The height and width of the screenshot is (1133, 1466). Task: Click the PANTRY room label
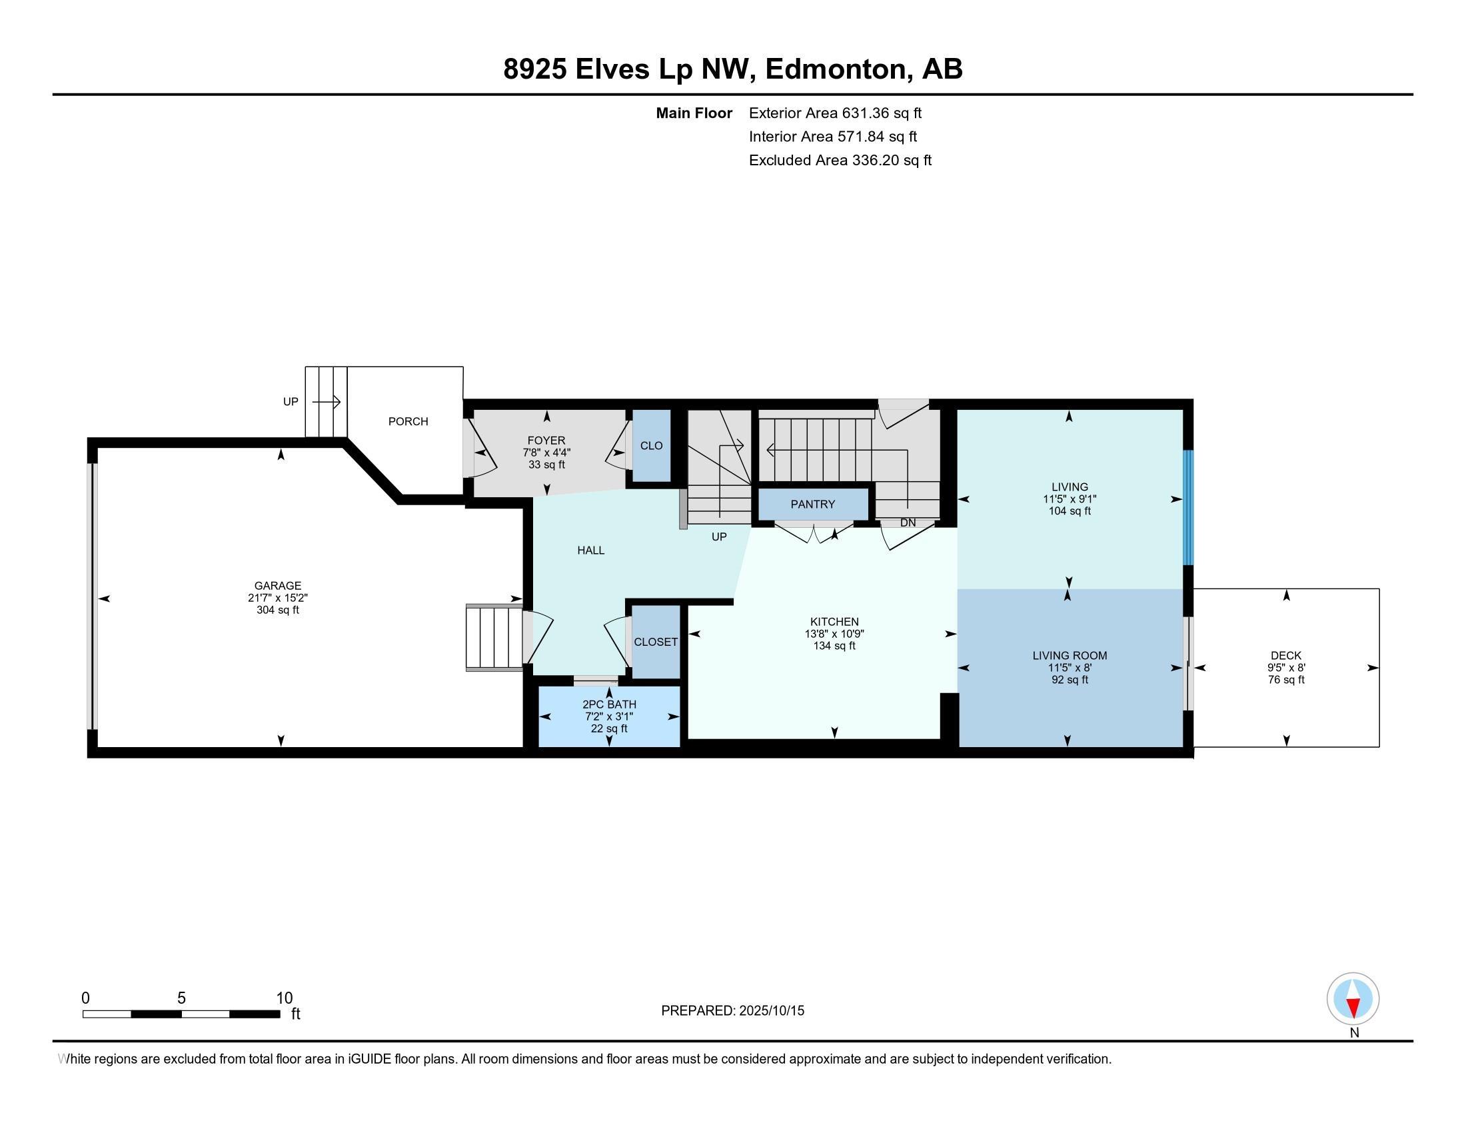pos(812,504)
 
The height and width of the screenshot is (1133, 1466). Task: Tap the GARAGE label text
pos(277,585)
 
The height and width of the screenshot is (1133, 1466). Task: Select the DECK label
pos(1285,655)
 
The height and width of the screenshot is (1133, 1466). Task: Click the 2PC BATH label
pos(609,704)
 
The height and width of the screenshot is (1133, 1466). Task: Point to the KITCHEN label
pos(834,622)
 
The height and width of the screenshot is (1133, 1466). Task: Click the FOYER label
pos(546,441)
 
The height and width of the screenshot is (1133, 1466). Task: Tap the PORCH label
pos(408,421)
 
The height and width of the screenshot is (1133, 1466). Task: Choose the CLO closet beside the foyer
pos(651,446)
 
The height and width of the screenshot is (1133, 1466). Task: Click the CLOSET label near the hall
pos(656,642)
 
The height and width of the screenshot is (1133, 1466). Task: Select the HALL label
pos(590,551)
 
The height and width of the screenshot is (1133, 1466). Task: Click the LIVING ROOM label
pos(1070,655)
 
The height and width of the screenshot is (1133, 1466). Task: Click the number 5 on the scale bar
pos(181,998)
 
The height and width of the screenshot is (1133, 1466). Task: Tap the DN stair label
pos(908,523)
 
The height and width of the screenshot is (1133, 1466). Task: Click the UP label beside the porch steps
pos(290,401)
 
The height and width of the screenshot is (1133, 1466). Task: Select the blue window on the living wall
pos(1187,507)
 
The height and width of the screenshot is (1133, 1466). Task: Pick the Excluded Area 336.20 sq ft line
pos(840,160)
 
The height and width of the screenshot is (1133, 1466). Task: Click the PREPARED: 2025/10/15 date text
pos(732,1010)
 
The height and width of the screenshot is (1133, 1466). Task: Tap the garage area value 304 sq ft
pos(277,610)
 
